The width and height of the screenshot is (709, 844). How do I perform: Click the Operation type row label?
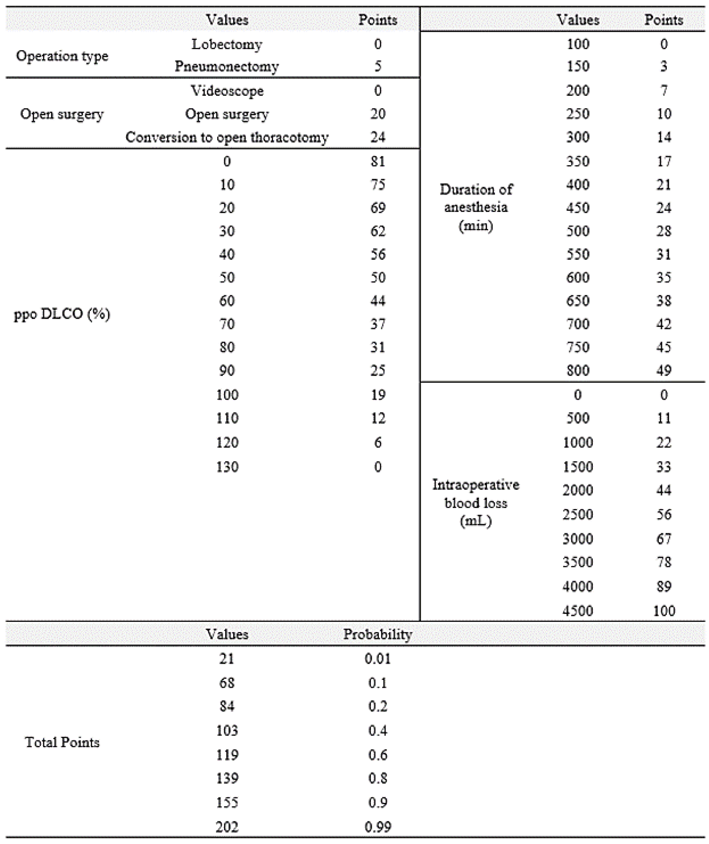pos(62,56)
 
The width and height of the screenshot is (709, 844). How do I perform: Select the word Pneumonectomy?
pos(227,66)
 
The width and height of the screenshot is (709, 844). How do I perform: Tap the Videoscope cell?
pos(227,91)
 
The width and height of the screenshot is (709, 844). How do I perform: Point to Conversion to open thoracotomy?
pos(227,137)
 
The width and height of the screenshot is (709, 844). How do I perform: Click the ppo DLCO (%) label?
pos(62,314)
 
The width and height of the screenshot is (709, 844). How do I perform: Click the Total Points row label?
pos(62,742)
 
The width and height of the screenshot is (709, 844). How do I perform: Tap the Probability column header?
pos(378,634)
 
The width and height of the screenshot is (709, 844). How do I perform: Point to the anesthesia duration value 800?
pos(578,370)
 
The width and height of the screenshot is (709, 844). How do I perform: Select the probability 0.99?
pos(378,827)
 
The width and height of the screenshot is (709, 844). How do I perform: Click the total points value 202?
pos(227,827)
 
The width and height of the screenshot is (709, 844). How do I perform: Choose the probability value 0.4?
pos(378,730)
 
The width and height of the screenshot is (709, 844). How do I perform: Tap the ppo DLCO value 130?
pos(227,467)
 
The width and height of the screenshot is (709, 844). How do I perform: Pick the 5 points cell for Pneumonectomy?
pos(378,66)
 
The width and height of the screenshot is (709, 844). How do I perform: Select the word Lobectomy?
pos(227,44)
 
